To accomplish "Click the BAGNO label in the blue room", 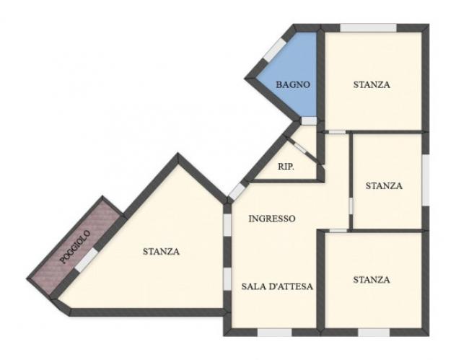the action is pyautogui.click(x=293, y=84).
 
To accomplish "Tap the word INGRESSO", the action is pyautogui.click(x=272, y=219).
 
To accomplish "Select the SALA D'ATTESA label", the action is pyautogui.click(x=277, y=286).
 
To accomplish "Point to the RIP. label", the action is pyautogui.click(x=286, y=167).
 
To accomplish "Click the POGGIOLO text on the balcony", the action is pyautogui.click(x=75, y=247).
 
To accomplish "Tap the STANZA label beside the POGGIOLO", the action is pyautogui.click(x=161, y=251).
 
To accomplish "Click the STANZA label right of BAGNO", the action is pyautogui.click(x=372, y=84).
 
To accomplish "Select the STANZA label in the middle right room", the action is pyautogui.click(x=384, y=185).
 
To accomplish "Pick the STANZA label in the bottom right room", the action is pyautogui.click(x=372, y=279).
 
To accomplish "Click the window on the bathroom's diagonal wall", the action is pyautogui.click(x=274, y=50).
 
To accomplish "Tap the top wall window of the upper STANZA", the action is pyautogui.click(x=368, y=28).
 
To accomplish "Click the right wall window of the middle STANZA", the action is pyautogui.click(x=426, y=180).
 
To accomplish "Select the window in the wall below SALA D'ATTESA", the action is pyautogui.click(x=274, y=333).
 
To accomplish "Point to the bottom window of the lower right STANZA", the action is pyautogui.click(x=374, y=333).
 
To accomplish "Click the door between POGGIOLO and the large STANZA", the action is pyautogui.click(x=87, y=260).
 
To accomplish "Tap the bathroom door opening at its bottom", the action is pyautogui.click(x=309, y=120).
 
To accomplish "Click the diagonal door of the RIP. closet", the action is pyautogui.click(x=300, y=148).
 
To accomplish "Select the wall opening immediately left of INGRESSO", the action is pyautogui.click(x=227, y=224).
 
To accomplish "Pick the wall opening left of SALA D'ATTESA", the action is pyautogui.click(x=227, y=278).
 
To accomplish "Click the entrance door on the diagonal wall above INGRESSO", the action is pyautogui.click(x=237, y=191).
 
